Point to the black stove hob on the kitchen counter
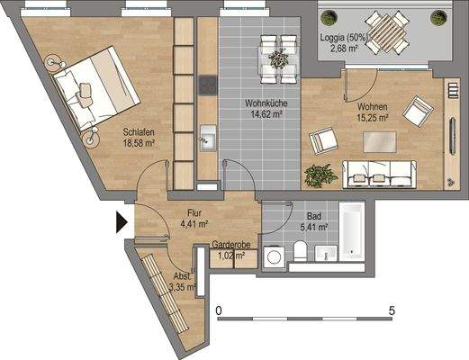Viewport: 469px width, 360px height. [206, 87]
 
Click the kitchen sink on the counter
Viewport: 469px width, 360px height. [206, 139]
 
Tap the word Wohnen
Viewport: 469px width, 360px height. [372, 106]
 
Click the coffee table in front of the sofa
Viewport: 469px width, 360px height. [379, 141]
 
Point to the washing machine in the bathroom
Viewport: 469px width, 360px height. [273, 257]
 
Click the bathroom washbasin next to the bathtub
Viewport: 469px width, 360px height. [327, 254]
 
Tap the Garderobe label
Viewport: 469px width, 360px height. [230, 244]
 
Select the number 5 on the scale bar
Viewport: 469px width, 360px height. [391, 310]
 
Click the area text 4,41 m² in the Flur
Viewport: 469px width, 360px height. [194, 224]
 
